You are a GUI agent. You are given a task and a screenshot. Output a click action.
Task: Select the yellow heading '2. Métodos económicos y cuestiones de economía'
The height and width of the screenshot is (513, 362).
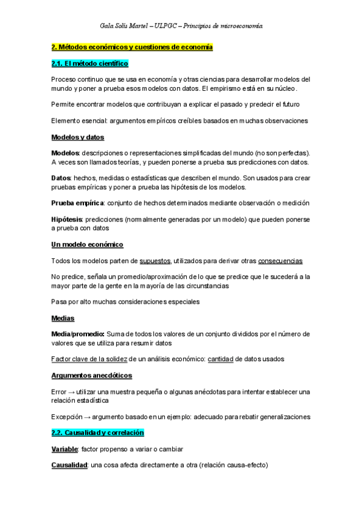click(x=132, y=47)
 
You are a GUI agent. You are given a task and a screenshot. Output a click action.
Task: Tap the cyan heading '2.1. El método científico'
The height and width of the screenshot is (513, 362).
click(x=89, y=63)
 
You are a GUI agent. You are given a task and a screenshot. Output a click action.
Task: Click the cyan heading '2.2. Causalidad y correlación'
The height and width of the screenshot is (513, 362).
click(x=97, y=433)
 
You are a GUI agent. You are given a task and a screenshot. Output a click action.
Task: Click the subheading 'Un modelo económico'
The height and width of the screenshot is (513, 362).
click(x=87, y=244)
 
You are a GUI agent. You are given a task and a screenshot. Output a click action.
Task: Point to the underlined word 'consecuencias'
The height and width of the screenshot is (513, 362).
click(x=280, y=261)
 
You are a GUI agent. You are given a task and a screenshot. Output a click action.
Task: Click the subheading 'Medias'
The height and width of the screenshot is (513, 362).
click(x=63, y=318)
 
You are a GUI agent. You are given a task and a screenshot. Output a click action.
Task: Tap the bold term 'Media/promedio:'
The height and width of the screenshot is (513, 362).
click(x=78, y=334)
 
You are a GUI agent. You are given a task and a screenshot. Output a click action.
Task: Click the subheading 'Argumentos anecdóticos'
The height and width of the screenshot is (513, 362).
click(x=91, y=376)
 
